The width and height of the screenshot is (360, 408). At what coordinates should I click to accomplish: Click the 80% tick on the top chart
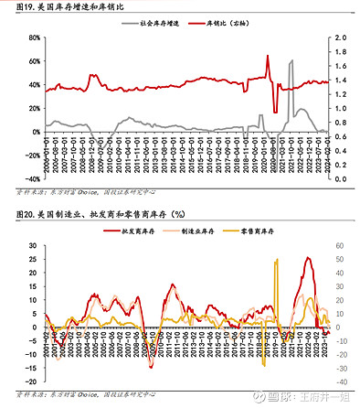[x=29, y=38]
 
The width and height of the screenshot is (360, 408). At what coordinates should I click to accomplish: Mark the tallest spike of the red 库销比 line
[x=268, y=56]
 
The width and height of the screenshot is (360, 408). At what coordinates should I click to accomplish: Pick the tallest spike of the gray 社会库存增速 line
[x=291, y=61]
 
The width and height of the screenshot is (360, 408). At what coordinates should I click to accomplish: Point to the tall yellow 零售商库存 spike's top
[x=276, y=261]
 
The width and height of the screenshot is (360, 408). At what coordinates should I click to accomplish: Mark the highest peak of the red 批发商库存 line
[x=308, y=258]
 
